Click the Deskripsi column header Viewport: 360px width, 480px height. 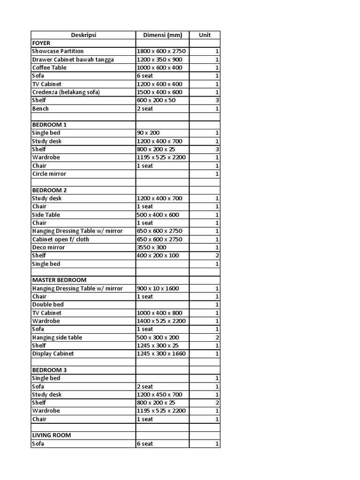pos(83,35)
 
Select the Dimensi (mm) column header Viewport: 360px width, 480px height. pos(162,35)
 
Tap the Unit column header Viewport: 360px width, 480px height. pos(204,35)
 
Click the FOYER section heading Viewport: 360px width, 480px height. pos(41,43)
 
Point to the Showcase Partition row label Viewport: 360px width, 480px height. pos(58,51)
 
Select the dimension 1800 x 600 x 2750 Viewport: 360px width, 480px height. pos(162,51)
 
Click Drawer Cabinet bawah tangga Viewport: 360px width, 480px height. pos(73,60)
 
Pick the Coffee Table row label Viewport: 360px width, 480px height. pos(49,67)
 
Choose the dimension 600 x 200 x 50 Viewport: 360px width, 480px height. pos(157,100)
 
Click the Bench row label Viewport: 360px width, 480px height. pos(40,109)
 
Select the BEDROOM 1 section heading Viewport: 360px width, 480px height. pos(49,125)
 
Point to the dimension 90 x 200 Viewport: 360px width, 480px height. pos(148,133)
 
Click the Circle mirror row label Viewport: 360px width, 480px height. pos(49,174)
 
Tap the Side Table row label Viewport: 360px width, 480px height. pos(46,215)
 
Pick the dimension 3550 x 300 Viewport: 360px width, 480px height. pos(151,247)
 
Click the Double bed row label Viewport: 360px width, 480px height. pos(48,305)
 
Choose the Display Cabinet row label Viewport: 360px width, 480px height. pos(53,353)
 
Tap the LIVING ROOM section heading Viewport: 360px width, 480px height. pos(52,435)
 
